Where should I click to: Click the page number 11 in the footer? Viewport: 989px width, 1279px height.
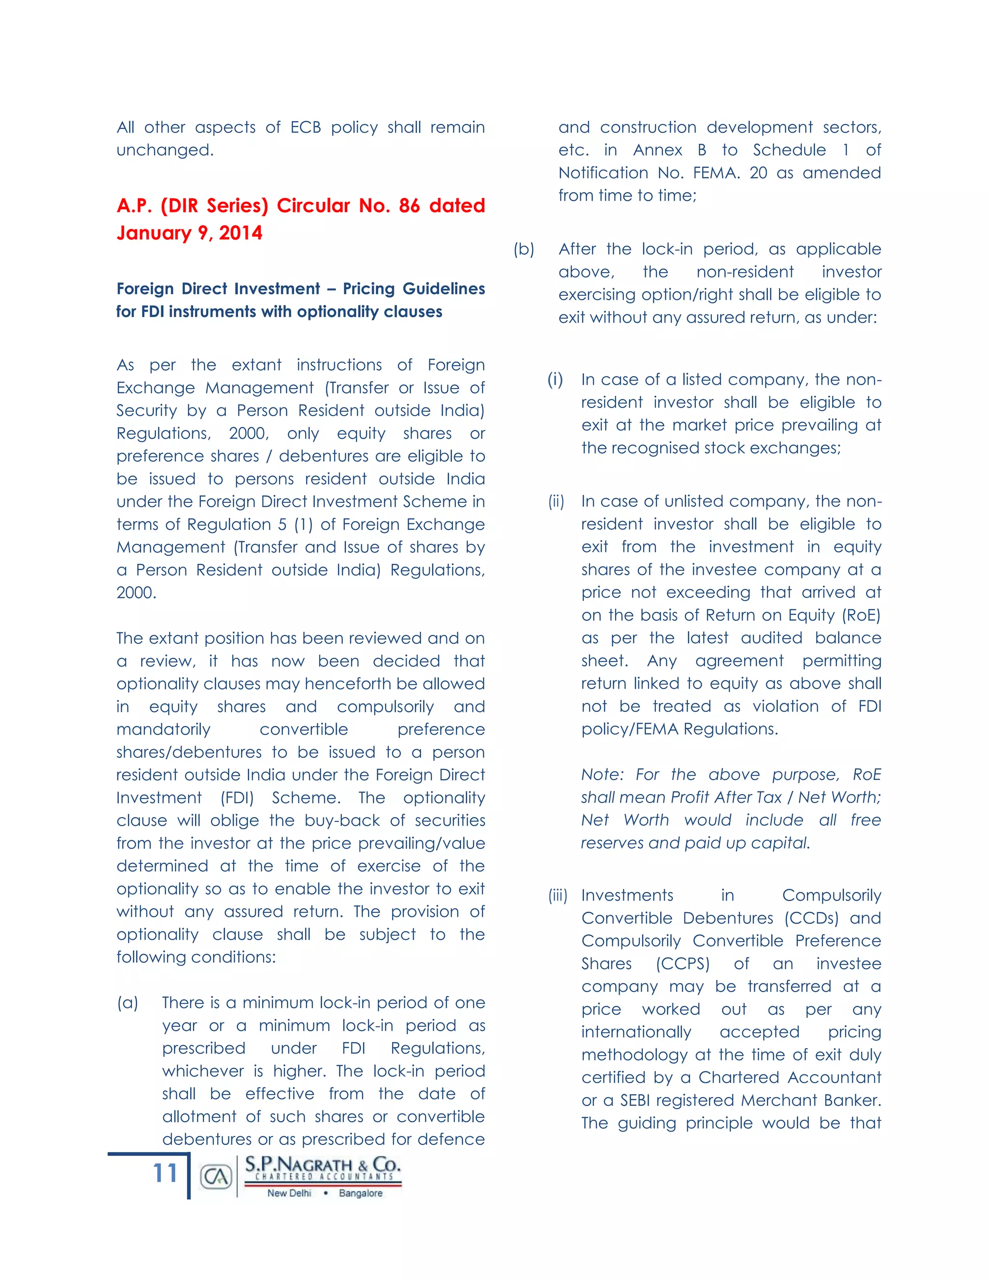coord(165,1174)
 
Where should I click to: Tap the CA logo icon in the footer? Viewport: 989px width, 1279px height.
coord(215,1177)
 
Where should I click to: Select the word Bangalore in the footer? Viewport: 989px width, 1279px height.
coord(360,1193)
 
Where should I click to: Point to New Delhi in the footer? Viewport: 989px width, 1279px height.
coord(289,1193)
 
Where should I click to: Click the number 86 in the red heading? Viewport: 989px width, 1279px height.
coord(409,206)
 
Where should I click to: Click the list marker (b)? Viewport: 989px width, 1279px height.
coord(524,250)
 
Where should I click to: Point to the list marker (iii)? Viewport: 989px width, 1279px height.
coord(558,895)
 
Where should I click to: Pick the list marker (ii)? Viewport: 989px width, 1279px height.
coord(556,502)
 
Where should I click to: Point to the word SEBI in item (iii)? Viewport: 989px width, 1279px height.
coord(636,1100)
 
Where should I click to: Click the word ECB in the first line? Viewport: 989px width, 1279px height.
coord(305,128)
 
